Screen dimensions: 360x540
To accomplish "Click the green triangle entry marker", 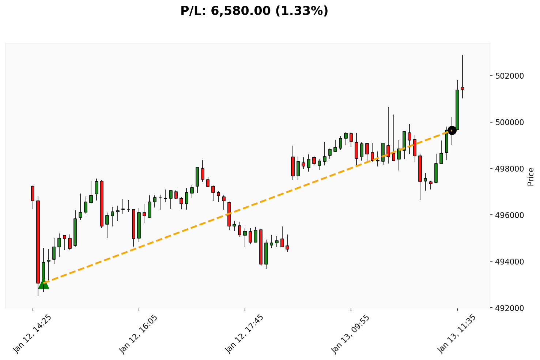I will [44, 284].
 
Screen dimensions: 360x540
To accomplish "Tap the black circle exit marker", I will [452, 130].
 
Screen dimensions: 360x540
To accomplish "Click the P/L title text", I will [254, 11].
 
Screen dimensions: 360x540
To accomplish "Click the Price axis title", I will [531, 176].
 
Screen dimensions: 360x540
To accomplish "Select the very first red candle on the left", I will [33, 194].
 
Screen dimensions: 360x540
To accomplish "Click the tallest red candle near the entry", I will [38, 242].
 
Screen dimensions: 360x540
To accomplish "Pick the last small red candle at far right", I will [462, 88].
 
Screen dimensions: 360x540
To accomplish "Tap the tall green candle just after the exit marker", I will [457, 109].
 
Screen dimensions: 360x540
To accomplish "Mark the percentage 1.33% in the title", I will [302, 11].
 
